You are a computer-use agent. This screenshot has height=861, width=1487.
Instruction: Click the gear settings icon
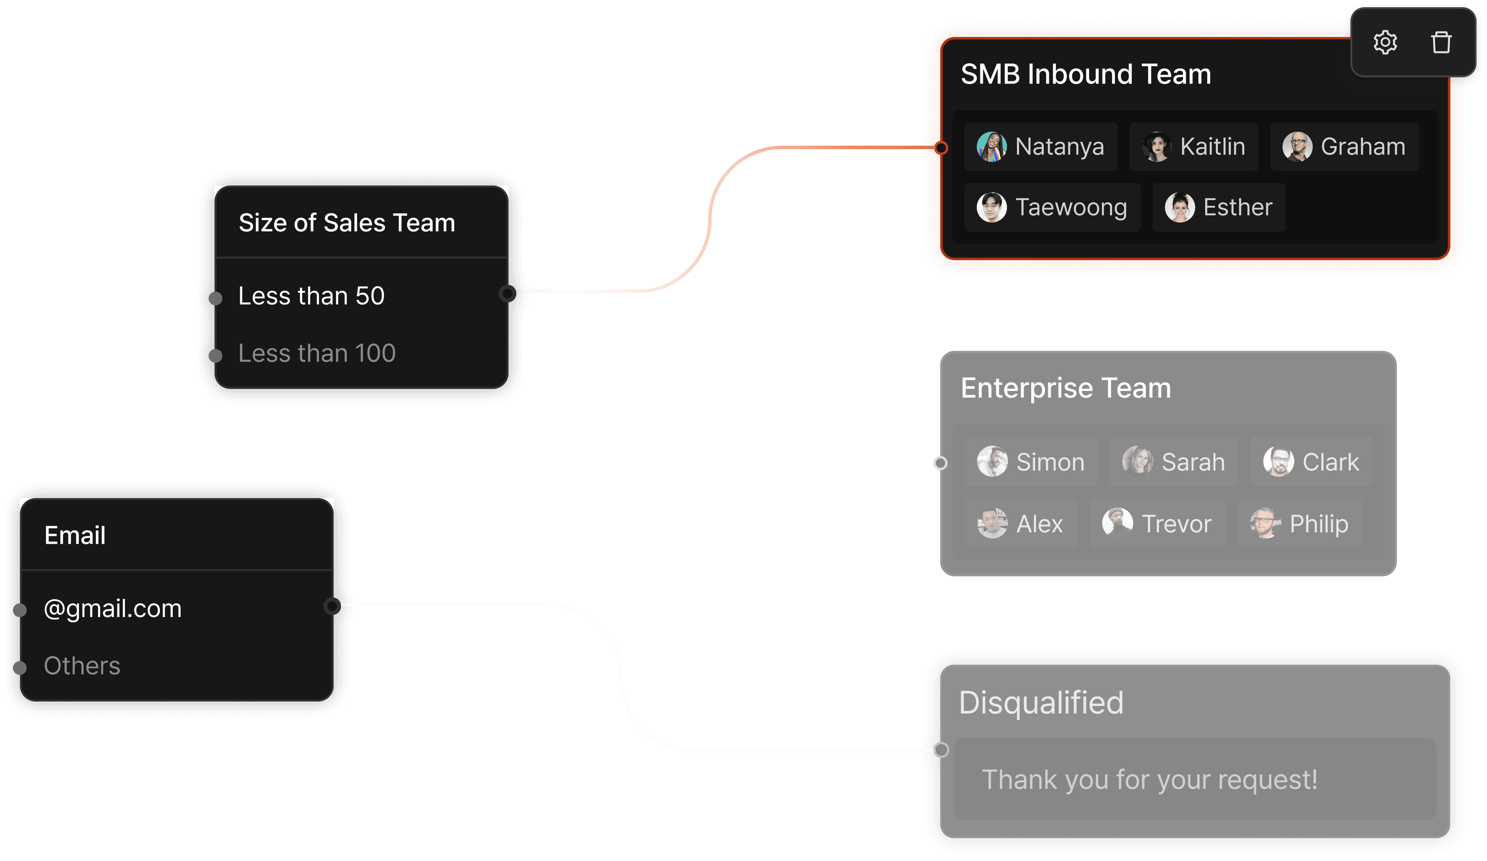[1385, 42]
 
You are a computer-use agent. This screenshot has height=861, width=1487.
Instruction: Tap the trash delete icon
[1441, 42]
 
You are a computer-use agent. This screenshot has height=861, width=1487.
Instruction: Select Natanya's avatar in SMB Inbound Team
[991, 146]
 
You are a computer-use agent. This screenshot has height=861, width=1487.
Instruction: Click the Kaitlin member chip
[1193, 146]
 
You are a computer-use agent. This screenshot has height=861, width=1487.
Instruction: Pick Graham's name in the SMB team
[1362, 146]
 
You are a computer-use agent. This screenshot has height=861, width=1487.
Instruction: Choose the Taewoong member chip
[1052, 207]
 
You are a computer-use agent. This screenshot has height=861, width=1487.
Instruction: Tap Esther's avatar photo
[1180, 207]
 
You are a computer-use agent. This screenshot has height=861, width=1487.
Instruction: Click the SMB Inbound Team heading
[1086, 74]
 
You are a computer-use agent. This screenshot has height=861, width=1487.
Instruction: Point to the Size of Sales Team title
[347, 223]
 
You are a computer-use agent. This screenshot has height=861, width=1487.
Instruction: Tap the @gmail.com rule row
[113, 608]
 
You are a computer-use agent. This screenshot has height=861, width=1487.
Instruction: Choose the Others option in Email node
[82, 666]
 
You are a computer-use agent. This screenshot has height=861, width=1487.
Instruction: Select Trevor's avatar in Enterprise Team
[1117, 523]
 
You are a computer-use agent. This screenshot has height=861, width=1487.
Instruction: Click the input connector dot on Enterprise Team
[940, 463]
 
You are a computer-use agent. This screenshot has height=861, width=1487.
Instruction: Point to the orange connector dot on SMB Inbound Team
[941, 148]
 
